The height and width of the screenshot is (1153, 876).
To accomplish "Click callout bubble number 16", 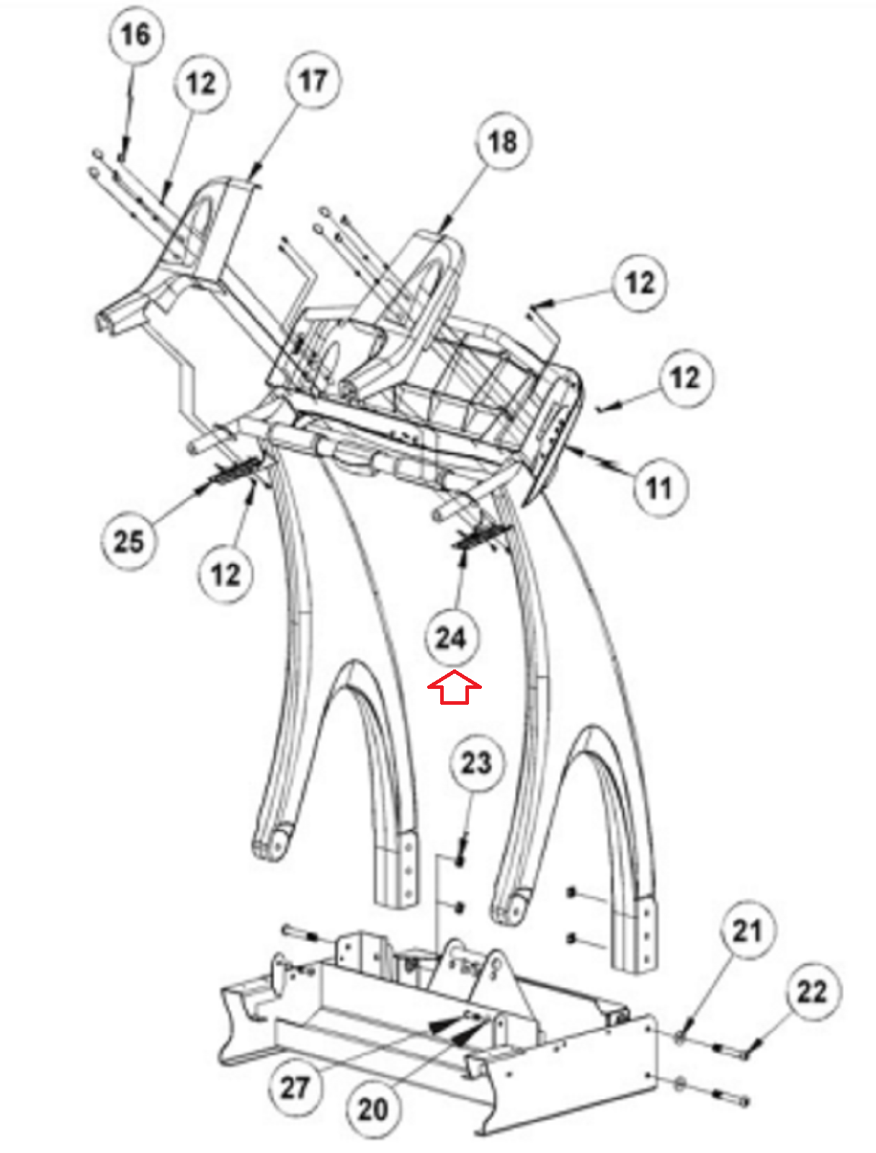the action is [135, 35].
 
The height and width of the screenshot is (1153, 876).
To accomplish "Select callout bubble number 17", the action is [313, 80].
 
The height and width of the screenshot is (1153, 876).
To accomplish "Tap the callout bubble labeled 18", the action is [502, 141].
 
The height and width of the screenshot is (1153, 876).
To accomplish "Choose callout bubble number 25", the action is [128, 540].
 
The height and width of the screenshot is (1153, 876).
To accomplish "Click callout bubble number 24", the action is [451, 637].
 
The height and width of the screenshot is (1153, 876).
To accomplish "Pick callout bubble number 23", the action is [476, 762].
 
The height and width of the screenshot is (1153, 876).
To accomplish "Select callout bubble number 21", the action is [747, 931].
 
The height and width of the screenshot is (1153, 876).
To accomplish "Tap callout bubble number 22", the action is [813, 992].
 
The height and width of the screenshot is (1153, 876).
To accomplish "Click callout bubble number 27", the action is [295, 1087].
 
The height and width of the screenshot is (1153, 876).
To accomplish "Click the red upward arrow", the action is [454, 687].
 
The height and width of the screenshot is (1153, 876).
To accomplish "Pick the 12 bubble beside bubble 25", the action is [225, 574].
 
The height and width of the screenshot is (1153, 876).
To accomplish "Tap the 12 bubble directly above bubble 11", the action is [684, 377].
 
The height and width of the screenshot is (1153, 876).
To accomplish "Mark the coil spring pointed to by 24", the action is [478, 537].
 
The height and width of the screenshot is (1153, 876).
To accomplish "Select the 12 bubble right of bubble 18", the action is [640, 282].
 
